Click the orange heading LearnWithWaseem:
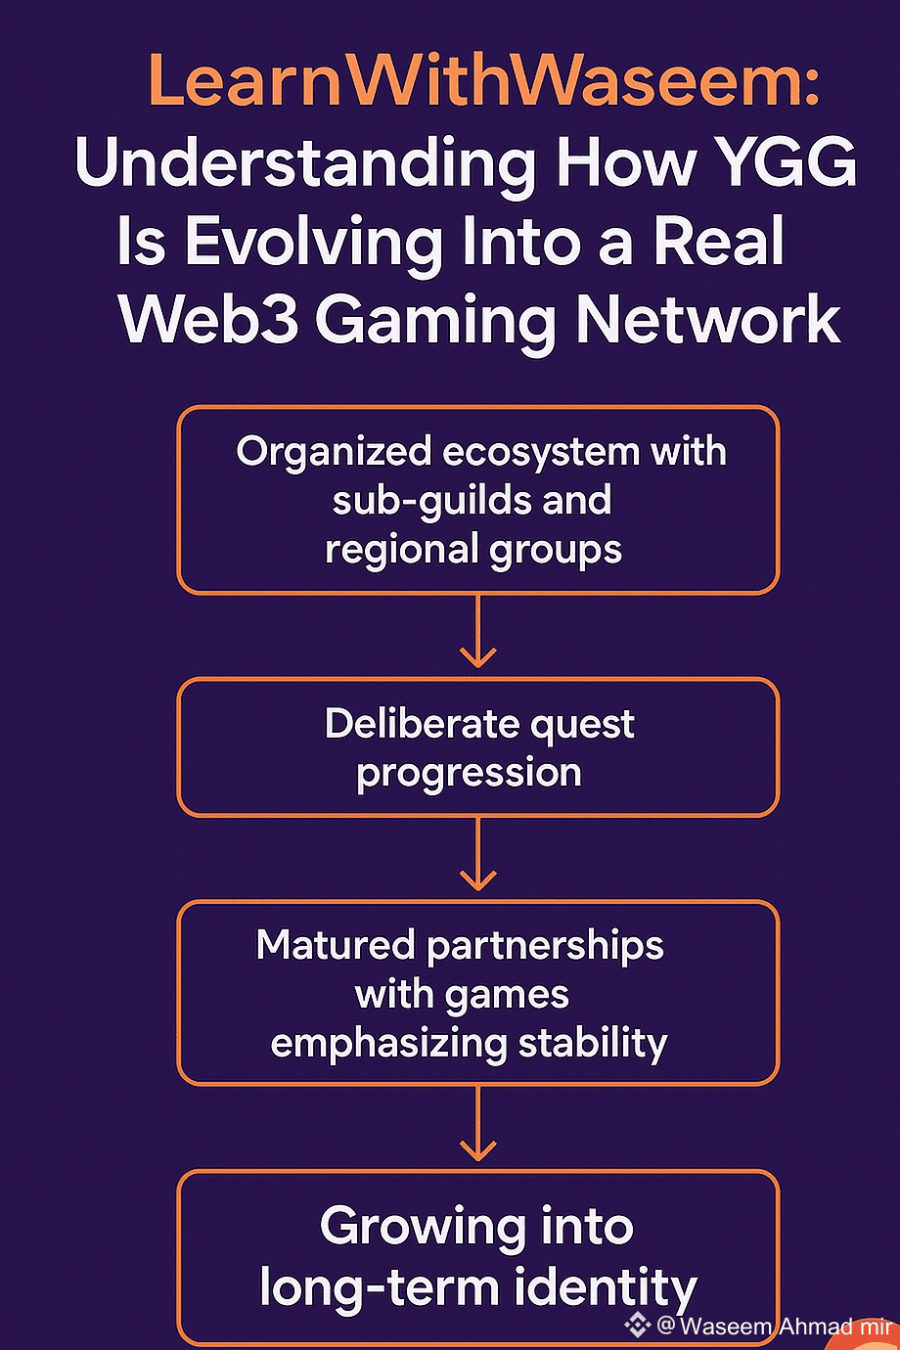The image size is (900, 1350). coord(483,82)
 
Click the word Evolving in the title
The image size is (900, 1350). coord(313,242)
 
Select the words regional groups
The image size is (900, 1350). coord(473,549)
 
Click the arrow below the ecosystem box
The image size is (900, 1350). coord(477,636)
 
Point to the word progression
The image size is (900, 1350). coord(469,773)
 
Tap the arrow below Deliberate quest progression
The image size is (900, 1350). coord(477,859)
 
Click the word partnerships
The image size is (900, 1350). coord(545,946)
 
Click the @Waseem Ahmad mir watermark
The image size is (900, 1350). coord(773,1327)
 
